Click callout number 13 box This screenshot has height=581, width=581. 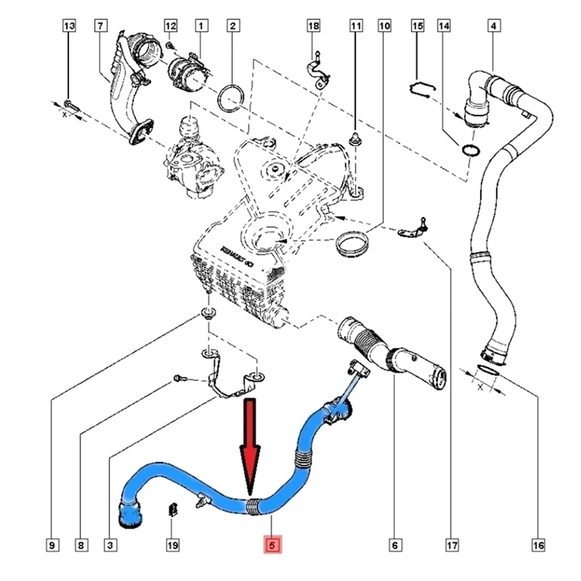[69, 27]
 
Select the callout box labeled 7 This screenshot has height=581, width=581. [100, 27]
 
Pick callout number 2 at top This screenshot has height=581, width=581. [232, 27]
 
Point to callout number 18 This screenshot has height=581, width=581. [313, 27]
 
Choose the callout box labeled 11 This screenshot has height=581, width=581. [356, 27]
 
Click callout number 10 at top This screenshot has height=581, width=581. [384, 27]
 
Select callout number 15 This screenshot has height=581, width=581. [418, 27]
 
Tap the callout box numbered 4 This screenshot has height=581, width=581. [494, 27]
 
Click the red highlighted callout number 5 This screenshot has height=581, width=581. [272, 544]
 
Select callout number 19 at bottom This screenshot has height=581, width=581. [171, 544]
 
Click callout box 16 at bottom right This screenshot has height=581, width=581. [537, 544]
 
